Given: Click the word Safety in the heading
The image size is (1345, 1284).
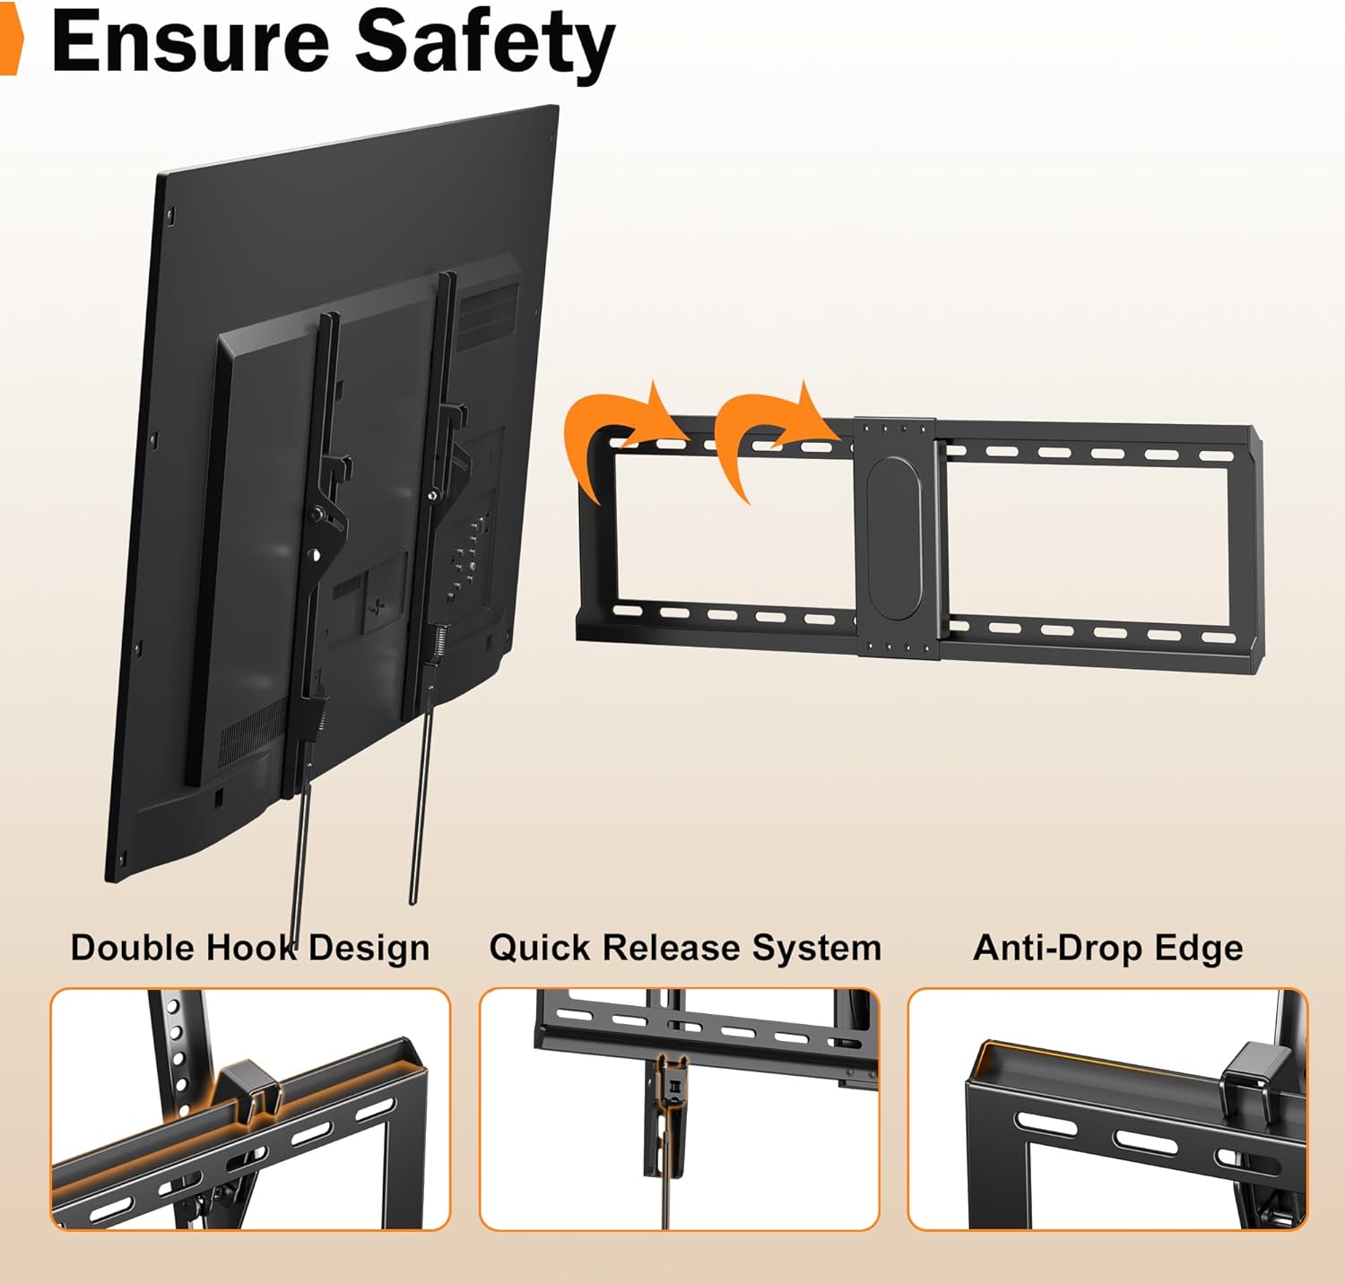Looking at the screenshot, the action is [485, 45].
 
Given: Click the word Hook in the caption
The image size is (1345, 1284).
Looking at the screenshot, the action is [253, 948].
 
